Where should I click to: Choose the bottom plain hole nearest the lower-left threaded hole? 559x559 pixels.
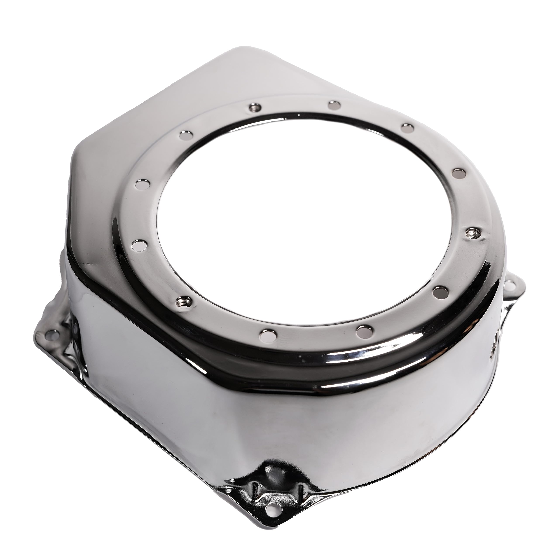266,335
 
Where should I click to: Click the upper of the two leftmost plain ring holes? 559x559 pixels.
143,184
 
